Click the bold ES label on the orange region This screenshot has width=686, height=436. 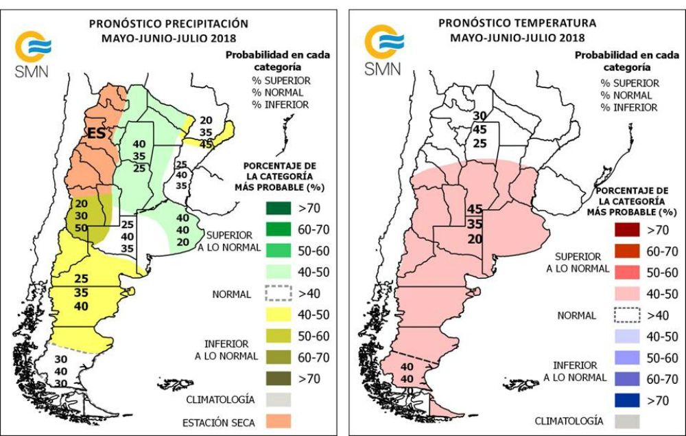coord(95,133)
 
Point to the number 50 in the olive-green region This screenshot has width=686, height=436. coord(82,227)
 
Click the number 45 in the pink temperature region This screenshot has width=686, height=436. coord(475,209)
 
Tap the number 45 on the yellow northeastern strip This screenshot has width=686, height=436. coord(206,144)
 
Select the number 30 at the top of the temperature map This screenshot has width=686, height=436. coord(480,115)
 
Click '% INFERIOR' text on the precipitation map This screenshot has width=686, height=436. coord(281,104)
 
